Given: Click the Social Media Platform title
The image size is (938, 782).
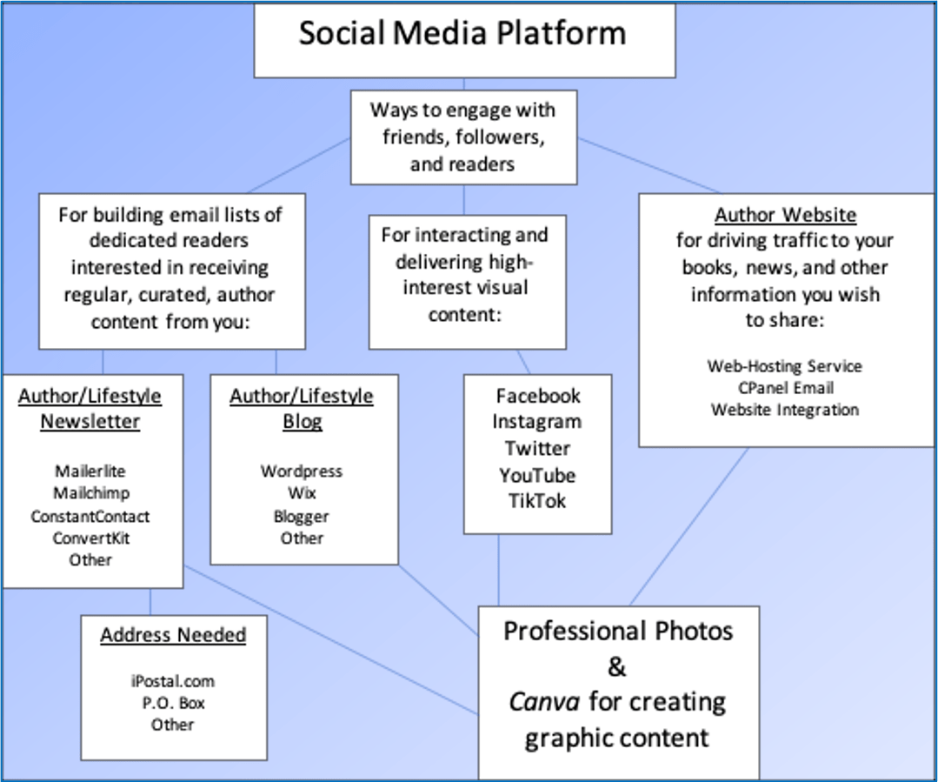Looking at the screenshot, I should [x=462, y=34].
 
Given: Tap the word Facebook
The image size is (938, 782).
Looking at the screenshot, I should [x=538, y=396].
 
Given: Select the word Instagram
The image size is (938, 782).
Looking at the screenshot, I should [x=537, y=422].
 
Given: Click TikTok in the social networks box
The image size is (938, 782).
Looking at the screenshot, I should [x=537, y=501].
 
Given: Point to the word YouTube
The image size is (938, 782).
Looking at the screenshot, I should [x=537, y=475].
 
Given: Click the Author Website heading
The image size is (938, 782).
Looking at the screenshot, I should [x=785, y=215].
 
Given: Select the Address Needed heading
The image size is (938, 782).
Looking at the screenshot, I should [x=173, y=636].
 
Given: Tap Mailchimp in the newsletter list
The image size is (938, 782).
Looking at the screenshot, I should [x=91, y=493].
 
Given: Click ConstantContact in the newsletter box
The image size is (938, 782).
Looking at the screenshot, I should [x=90, y=516].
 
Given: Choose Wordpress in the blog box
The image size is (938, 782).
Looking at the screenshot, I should [x=302, y=471].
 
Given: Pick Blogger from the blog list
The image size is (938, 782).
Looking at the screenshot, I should [x=302, y=516].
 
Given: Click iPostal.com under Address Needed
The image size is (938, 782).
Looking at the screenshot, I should [x=173, y=681].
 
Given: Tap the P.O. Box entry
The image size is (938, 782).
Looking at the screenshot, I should [x=173, y=703].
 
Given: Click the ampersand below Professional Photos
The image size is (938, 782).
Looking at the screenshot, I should [x=616, y=667].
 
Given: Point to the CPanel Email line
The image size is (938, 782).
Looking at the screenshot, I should [x=785, y=388].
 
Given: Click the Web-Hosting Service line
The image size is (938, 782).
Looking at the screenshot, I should [x=785, y=366].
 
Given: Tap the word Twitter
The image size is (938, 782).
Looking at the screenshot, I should [x=537, y=449].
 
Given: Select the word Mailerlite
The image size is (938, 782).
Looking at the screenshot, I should [x=90, y=471].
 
